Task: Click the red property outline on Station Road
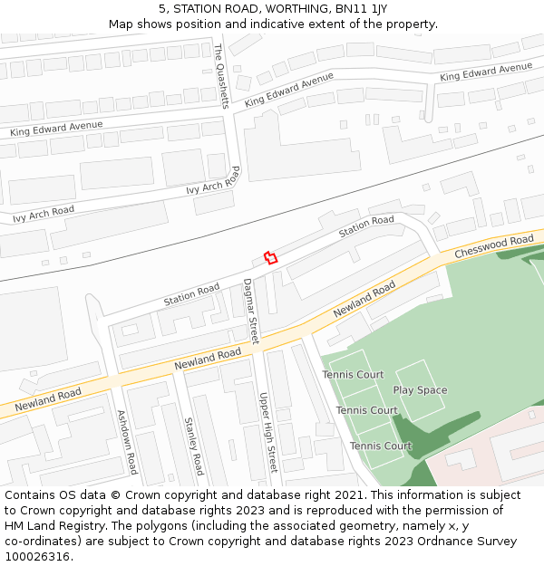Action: coord(269,257)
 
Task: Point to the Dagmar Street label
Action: coord(251,311)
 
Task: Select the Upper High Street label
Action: coord(267,433)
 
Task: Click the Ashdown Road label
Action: coord(127,442)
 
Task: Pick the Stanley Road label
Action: coord(194,446)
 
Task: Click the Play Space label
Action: coord(420,390)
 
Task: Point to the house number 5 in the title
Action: coord(162,8)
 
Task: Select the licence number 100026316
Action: coord(36,557)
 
